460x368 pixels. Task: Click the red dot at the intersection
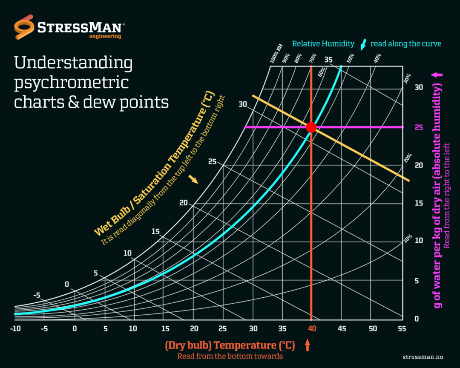coord(311,127)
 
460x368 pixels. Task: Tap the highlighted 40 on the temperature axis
coord(312,329)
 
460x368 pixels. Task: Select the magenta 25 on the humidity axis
coord(419,127)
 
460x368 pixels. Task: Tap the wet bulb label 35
coord(328,60)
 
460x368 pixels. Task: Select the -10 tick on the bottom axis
coord(15,329)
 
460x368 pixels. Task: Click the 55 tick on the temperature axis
coord(402,329)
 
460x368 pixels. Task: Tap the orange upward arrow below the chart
coord(308,345)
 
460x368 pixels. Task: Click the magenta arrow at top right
coord(437,75)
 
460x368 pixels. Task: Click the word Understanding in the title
coord(73,63)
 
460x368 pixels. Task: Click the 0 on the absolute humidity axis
coord(417,319)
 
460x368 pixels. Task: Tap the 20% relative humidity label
coord(408,158)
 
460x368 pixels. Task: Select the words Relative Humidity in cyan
coord(323,43)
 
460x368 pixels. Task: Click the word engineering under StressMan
coord(105,37)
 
